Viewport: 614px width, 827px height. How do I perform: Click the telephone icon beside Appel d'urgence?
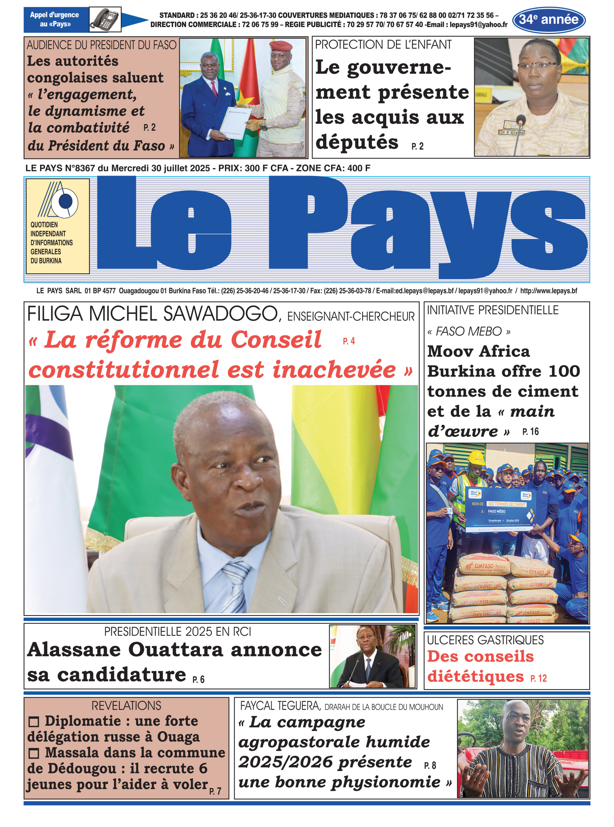click(x=105, y=19)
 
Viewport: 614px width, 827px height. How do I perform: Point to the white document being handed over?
click(x=236, y=123)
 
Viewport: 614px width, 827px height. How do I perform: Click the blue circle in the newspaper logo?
click(x=66, y=201)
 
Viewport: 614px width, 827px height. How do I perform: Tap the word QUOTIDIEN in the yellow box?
click(x=44, y=225)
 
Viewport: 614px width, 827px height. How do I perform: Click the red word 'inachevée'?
click(x=334, y=370)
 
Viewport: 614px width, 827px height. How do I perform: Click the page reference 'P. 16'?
click(x=530, y=431)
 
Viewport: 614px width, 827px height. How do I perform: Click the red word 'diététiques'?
click(x=476, y=676)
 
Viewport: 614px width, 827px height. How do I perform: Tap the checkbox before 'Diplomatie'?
click(x=34, y=722)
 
